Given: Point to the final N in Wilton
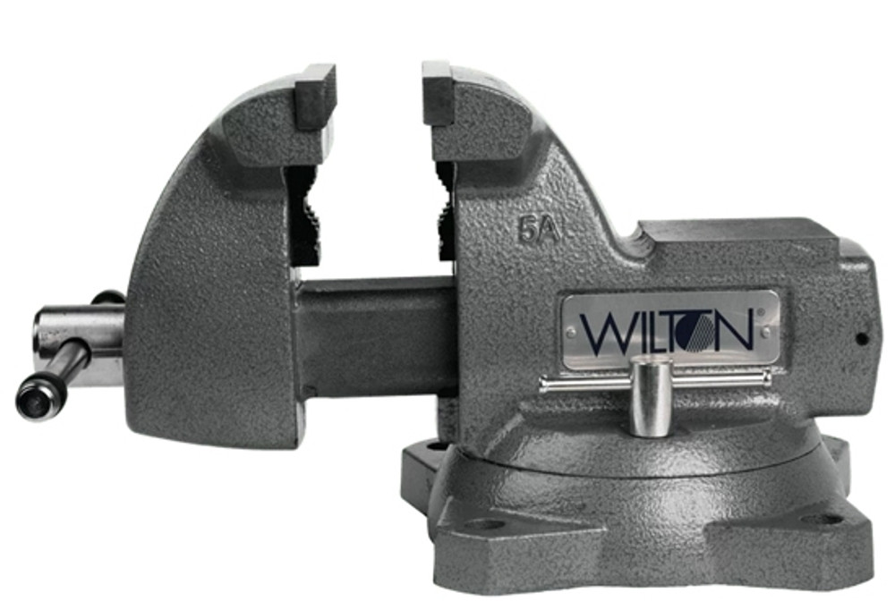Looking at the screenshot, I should click(735, 332).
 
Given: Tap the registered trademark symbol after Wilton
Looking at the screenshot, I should click(759, 313).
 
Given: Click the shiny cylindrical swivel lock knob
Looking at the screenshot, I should click(650, 395).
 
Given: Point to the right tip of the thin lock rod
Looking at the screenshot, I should click(767, 378).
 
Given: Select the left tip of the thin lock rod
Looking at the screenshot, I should click(543, 386).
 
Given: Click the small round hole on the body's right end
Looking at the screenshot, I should click(862, 339).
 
